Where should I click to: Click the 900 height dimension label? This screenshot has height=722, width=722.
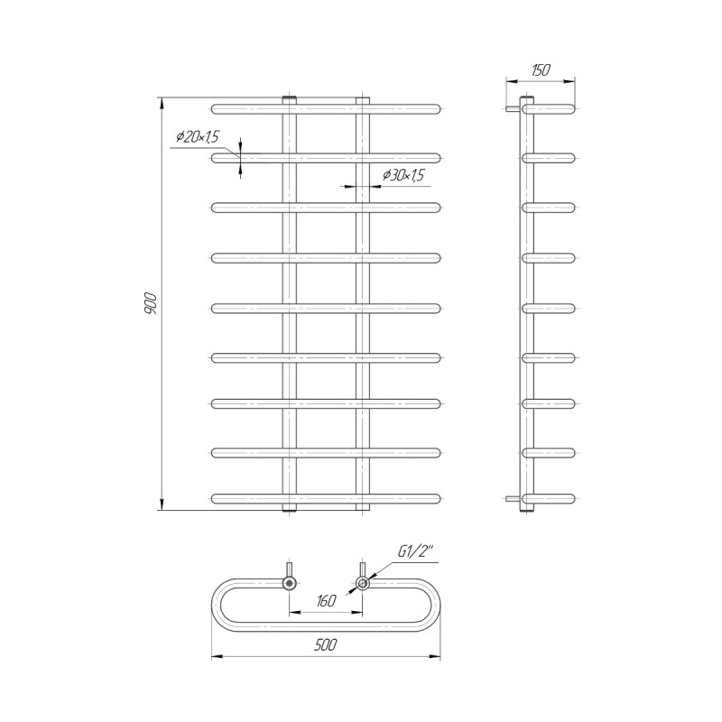tap(152, 303)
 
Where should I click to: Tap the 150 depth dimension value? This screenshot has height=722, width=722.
tap(541, 70)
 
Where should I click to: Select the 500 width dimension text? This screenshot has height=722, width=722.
tap(326, 644)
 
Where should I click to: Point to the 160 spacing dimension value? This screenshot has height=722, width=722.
tap(326, 601)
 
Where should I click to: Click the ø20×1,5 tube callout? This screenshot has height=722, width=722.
tap(198, 136)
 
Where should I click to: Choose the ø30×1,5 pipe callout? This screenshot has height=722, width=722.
tap(403, 175)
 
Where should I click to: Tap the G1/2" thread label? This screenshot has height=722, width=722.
tap(416, 552)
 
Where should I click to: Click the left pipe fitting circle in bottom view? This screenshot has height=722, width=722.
tap(289, 583)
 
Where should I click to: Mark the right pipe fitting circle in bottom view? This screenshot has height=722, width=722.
tap(363, 583)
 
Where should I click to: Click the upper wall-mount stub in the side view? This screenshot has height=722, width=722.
tap(513, 109)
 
